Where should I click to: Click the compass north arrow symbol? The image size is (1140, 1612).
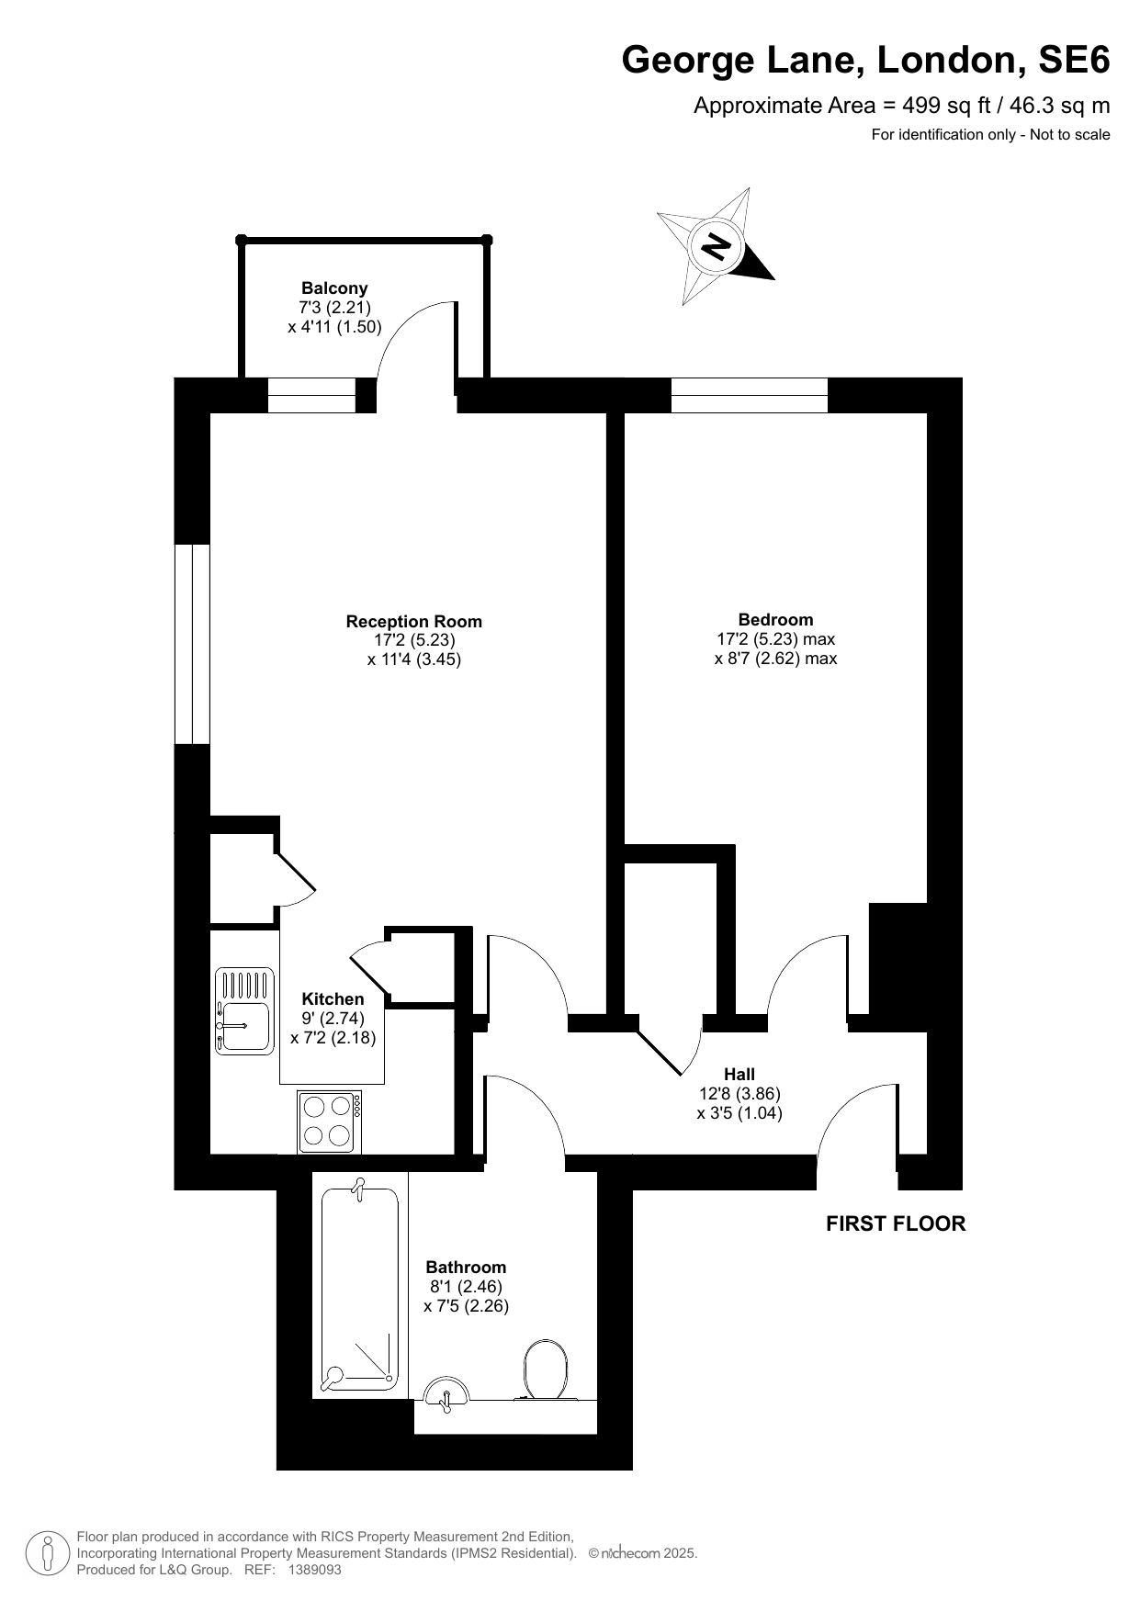(x=717, y=246)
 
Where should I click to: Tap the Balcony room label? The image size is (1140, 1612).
(x=334, y=288)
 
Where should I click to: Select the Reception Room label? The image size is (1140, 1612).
(x=413, y=622)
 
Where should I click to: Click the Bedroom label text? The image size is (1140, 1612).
(x=775, y=620)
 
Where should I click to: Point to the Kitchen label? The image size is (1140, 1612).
(x=333, y=999)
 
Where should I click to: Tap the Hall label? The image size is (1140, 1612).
(x=739, y=1075)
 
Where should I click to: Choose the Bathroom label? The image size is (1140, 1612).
(x=466, y=1268)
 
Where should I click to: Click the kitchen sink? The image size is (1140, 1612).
(x=244, y=1010)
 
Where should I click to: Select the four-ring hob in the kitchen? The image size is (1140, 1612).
(x=329, y=1122)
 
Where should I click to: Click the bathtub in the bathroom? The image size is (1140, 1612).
(x=360, y=1286)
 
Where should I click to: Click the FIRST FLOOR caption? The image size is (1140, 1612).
(x=896, y=1223)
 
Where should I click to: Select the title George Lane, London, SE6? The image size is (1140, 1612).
(x=865, y=61)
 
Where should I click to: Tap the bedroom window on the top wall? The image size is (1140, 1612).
(x=750, y=396)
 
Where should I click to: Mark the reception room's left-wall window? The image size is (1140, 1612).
(x=192, y=644)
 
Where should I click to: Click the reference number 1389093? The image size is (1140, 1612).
(x=315, y=1570)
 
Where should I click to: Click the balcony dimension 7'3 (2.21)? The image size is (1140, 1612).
(x=334, y=308)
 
